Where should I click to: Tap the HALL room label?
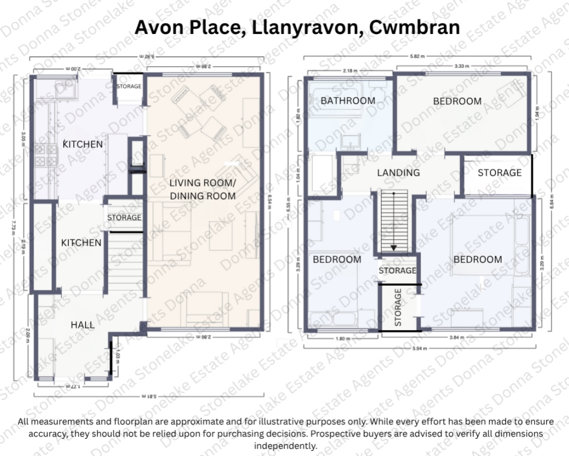(x=82, y=325)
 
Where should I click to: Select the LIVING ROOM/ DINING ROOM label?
(x=202, y=189)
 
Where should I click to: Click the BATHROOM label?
(x=348, y=101)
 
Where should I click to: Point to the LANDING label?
(x=398, y=172)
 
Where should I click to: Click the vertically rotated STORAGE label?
(x=398, y=307)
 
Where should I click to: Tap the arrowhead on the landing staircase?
(x=393, y=248)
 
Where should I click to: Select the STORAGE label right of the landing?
(x=500, y=172)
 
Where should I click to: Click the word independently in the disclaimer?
(x=285, y=445)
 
